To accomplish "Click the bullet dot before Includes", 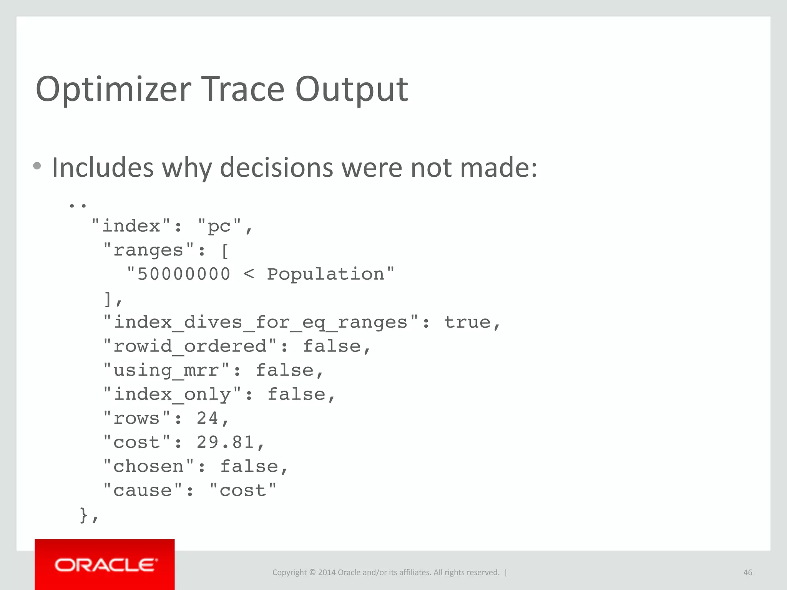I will [37, 166].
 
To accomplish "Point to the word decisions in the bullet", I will [277, 168].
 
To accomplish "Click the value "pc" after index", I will [219, 226].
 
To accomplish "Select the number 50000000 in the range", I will [184, 274].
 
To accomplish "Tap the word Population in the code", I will [325, 274].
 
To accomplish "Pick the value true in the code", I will [467, 322].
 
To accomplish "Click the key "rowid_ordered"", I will [190, 346].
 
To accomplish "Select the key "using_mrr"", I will [166, 371].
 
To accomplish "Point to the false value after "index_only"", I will [296, 394].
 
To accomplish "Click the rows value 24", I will [208, 418].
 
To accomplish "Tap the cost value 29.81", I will [225, 442].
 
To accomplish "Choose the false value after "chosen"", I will [249, 467].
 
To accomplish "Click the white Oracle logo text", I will [105, 565].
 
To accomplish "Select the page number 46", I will [747, 572].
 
